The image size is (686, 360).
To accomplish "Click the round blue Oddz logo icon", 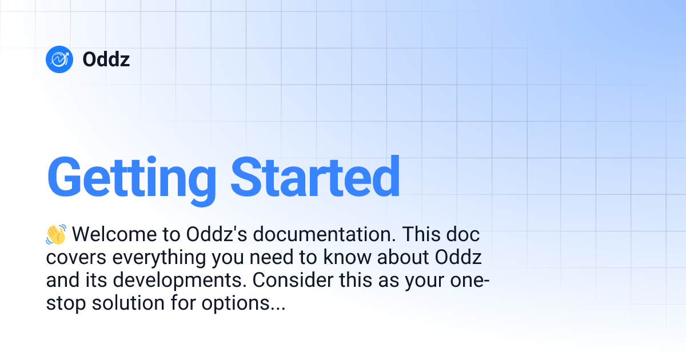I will (x=59, y=59).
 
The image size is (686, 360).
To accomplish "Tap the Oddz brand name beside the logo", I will (x=106, y=59).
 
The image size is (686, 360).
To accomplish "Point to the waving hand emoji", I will (x=56, y=234).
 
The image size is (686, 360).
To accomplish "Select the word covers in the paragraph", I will (x=76, y=258).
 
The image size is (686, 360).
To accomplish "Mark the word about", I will (x=404, y=258).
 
